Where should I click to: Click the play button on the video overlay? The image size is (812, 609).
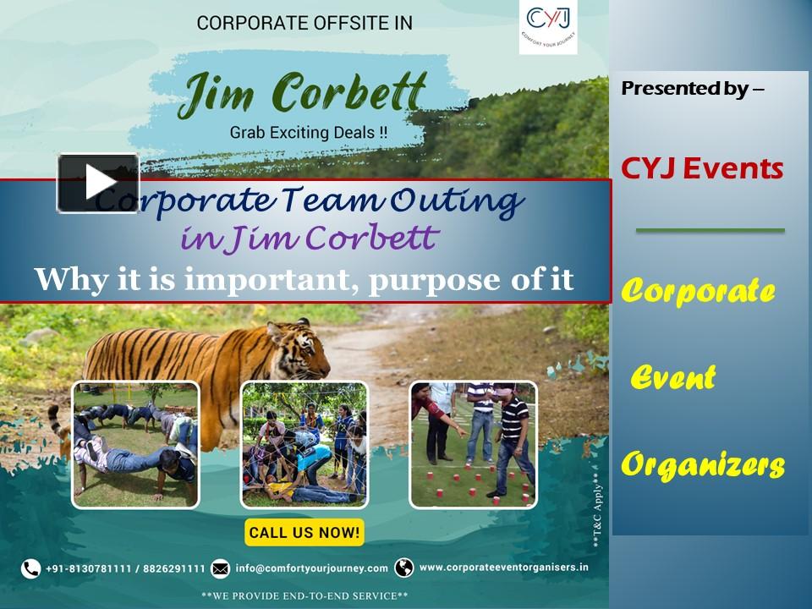(x=98, y=182)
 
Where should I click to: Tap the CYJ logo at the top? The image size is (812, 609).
(x=548, y=26)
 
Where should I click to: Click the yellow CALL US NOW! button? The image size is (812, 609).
(x=304, y=533)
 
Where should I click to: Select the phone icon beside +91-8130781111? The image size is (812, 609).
(x=31, y=568)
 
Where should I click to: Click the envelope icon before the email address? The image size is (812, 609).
(x=220, y=568)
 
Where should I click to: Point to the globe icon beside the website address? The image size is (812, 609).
(x=404, y=568)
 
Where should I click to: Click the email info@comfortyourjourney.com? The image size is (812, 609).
(x=311, y=568)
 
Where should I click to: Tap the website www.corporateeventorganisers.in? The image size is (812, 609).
(x=503, y=568)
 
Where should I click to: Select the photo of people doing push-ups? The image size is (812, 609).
(x=135, y=444)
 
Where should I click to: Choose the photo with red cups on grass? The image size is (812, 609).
(x=473, y=444)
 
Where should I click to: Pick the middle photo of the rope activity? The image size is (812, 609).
(x=304, y=444)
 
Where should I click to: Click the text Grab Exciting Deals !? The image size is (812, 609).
(x=309, y=132)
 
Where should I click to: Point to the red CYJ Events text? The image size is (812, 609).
(x=702, y=168)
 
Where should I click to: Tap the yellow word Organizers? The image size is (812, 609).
(x=703, y=464)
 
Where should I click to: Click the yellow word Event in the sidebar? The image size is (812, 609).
(x=673, y=377)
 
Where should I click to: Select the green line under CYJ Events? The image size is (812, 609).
(x=710, y=230)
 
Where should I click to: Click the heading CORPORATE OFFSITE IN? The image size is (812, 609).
(x=304, y=24)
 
